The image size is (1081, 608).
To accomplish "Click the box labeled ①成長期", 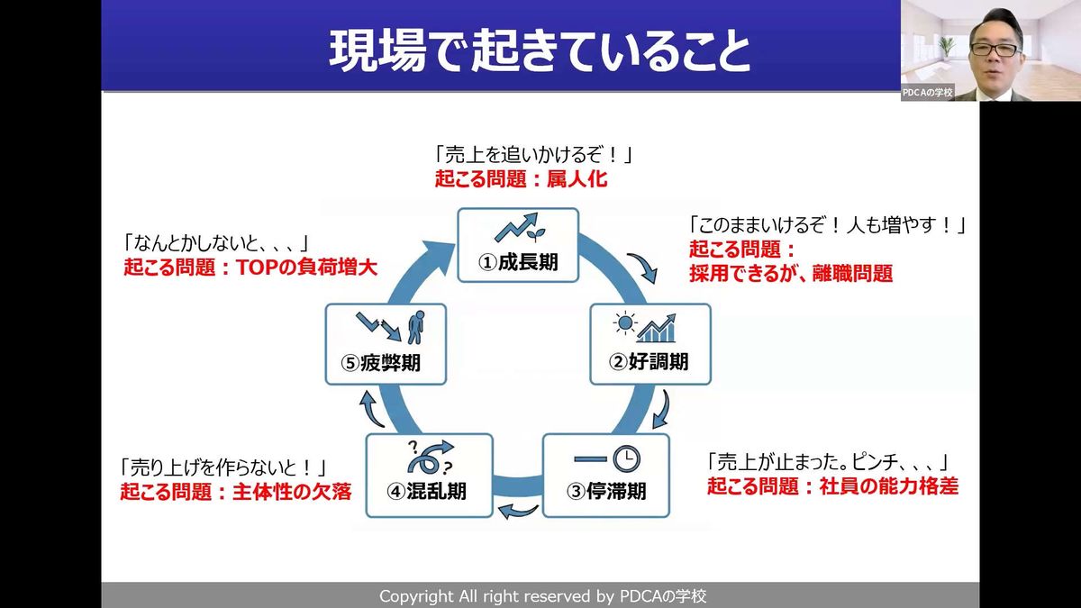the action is [518, 245].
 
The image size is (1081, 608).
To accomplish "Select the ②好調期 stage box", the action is [650, 344].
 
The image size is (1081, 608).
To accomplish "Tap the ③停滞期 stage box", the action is [606, 476].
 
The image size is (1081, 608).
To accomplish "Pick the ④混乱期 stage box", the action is [429, 476].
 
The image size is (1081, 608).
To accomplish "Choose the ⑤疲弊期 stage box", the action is [386, 344].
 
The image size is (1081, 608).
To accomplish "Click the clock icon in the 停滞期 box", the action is [626, 458].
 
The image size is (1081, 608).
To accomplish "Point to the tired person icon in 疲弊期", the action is [416, 327].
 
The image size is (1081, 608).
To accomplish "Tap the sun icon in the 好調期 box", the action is [625, 323].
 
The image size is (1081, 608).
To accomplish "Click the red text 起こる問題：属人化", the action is [521, 179].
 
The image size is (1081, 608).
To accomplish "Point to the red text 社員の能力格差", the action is [889, 486].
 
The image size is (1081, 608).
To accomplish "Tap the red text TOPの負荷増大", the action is [306, 268].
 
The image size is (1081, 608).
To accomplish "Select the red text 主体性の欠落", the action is [292, 492].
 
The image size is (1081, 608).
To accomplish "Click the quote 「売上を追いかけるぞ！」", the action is [533, 155].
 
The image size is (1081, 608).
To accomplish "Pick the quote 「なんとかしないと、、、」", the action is [216, 244].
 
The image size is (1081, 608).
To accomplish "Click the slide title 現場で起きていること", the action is [540, 52].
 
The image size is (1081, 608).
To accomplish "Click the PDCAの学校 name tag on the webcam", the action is [927, 93].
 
